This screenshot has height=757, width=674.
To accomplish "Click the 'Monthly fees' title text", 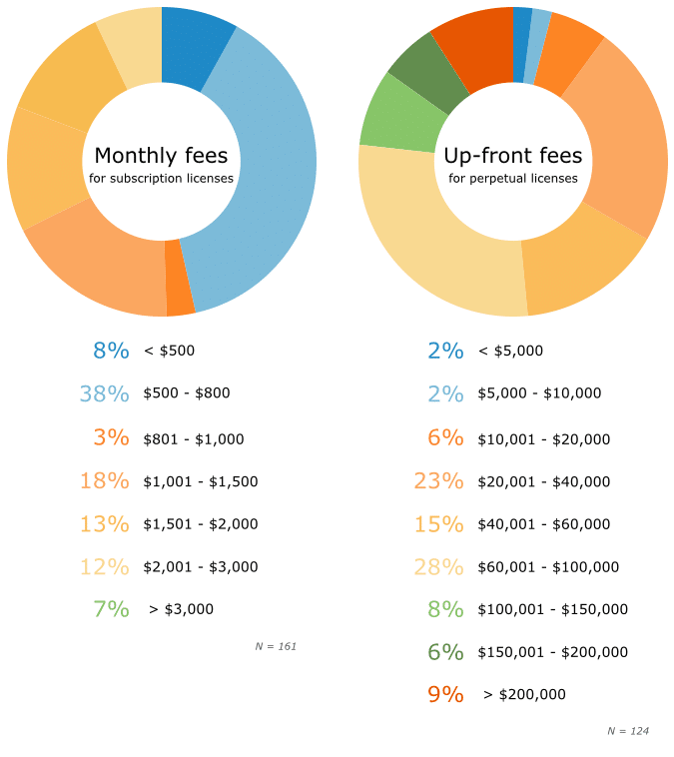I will click(x=161, y=156).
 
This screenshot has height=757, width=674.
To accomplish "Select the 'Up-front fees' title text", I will click(x=512, y=156).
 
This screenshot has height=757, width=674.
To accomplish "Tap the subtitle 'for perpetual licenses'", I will click(x=512, y=179).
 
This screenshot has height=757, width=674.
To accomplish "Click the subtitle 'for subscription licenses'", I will click(x=161, y=179).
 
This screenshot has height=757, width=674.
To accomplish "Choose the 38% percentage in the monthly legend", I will click(x=105, y=393).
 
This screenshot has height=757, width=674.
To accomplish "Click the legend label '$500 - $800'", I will click(x=187, y=393).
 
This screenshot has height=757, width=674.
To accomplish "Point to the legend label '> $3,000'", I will click(x=181, y=609).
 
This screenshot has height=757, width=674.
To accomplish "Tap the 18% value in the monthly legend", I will click(x=105, y=481).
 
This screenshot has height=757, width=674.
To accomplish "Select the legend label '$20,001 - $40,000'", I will click(x=543, y=481).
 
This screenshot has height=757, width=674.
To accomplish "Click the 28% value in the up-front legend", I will click(x=439, y=567).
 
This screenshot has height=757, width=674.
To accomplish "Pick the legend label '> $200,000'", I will click(x=524, y=695).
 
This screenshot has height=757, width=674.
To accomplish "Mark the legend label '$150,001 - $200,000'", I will click(x=552, y=652).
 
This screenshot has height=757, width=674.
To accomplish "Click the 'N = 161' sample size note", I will click(x=276, y=647).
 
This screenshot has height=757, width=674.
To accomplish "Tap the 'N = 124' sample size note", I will click(x=628, y=732).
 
